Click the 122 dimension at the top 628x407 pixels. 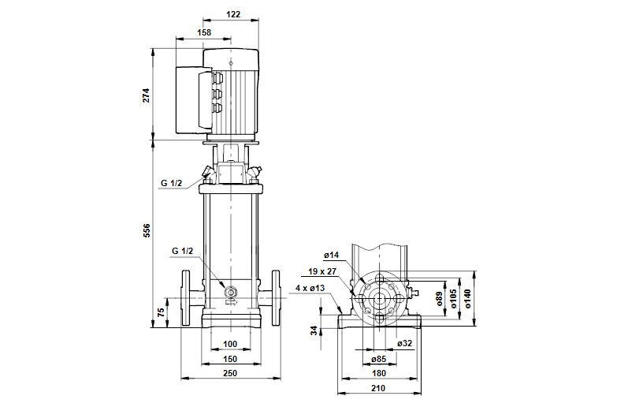tap(232, 13)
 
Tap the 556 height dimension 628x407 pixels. tap(146, 230)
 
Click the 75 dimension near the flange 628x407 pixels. tap(161, 312)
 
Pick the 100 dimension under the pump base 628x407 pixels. tap(230, 344)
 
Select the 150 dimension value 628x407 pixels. tap(230, 359)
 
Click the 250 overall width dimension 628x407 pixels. tap(230, 373)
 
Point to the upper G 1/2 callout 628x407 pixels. tap(172, 183)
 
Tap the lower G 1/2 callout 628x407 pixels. tap(183, 251)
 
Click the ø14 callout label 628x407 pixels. tap(331, 255)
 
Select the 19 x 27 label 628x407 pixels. tap(324, 271)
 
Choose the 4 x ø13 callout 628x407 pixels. tap(310, 289)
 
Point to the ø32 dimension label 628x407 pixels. tap(404, 343)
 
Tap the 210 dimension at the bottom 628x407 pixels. tap(378, 387)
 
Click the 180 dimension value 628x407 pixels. tap(378, 373)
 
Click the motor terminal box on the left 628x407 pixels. tap(191, 99)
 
